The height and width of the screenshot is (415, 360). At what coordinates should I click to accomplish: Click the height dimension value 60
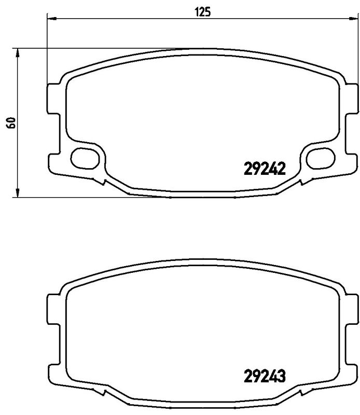click(x=9, y=122)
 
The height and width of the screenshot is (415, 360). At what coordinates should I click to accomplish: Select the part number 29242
click(x=265, y=168)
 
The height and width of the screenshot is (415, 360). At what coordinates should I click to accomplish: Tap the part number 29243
click(x=265, y=375)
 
